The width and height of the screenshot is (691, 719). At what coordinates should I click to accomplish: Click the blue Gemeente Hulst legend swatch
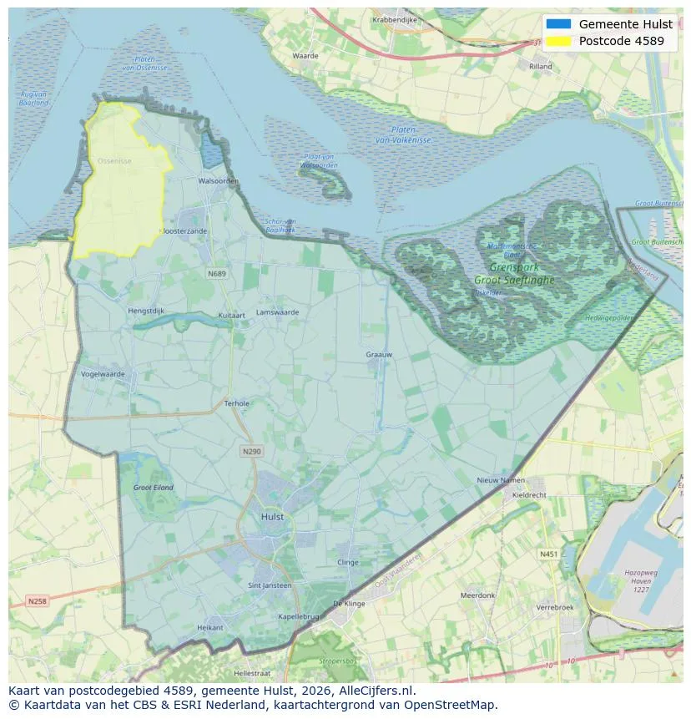(558, 24)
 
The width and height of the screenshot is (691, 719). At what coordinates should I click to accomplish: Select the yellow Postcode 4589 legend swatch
(558, 41)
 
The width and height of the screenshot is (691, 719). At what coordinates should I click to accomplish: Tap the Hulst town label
(272, 517)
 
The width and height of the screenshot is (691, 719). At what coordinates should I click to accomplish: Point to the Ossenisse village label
(113, 160)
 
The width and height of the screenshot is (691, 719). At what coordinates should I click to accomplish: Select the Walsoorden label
(219, 181)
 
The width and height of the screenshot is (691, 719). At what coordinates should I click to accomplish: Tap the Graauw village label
(379, 355)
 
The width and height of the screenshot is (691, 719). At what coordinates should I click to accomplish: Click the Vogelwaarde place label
(103, 374)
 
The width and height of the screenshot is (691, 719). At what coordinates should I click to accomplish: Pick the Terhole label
(237, 403)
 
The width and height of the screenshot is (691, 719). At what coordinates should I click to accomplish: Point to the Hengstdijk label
(146, 311)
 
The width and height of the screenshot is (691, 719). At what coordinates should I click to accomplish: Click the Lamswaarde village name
(277, 311)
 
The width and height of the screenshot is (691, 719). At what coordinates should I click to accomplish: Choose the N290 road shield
(251, 451)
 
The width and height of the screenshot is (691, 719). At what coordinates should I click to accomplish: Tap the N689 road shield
(217, 273)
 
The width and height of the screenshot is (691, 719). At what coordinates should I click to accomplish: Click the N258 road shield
(38, 600)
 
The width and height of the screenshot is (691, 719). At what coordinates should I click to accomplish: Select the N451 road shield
(548, 554)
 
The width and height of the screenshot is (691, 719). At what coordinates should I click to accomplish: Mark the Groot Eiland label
(154, 487)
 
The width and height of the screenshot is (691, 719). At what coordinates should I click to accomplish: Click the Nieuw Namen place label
(501, 481)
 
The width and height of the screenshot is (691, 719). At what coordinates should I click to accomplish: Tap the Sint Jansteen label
(270, 585)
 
